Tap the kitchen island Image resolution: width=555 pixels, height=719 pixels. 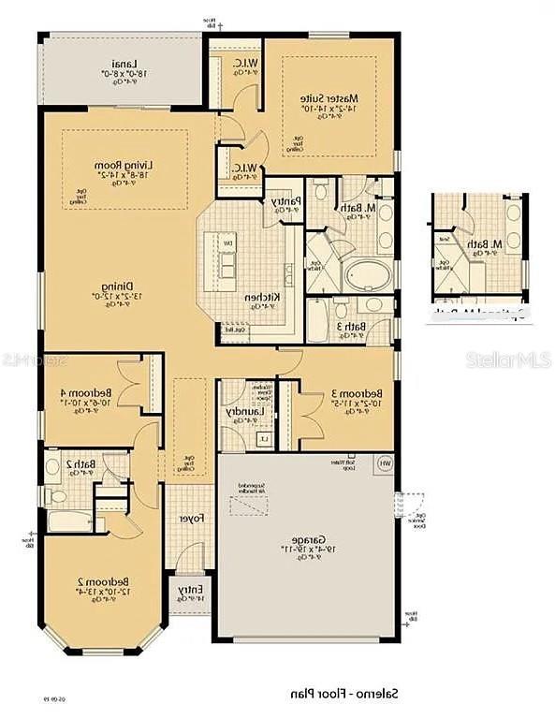(x=226, y=258)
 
